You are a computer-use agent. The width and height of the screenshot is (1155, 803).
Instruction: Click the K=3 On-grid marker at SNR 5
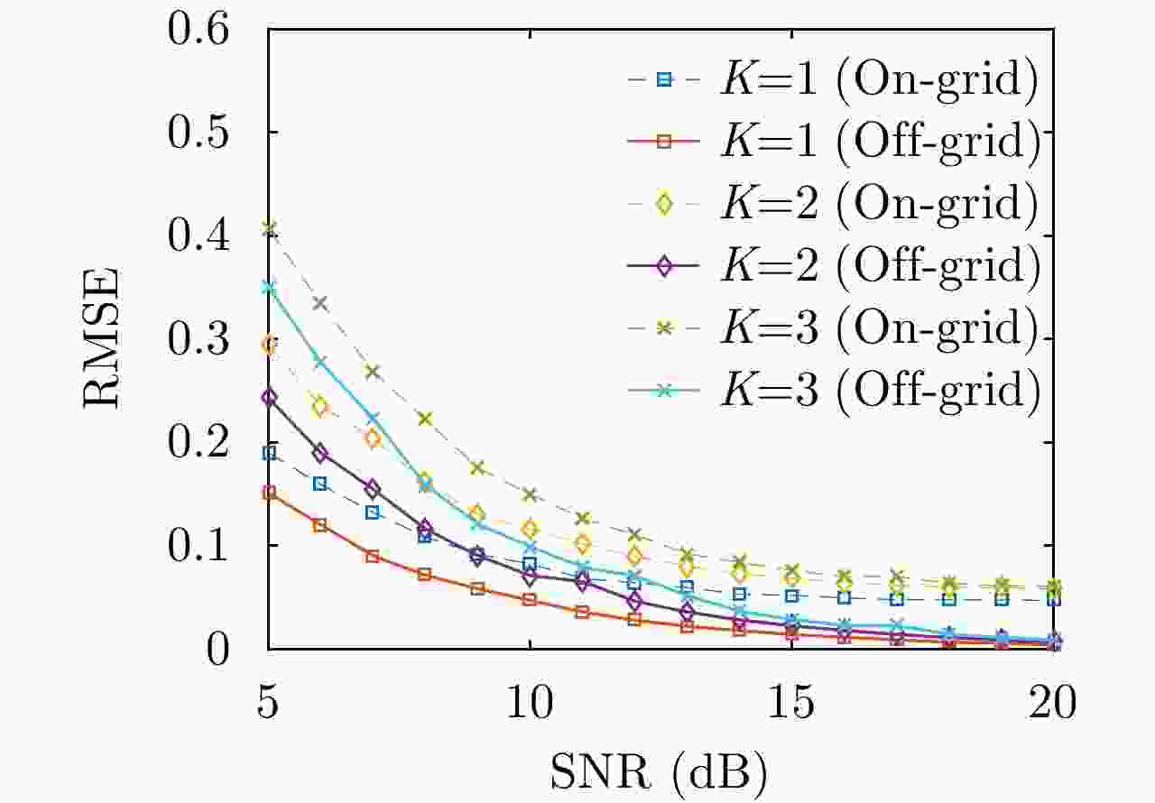[x=269, y=228]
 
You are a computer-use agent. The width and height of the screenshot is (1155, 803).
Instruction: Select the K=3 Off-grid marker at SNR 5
[x=269, y=288]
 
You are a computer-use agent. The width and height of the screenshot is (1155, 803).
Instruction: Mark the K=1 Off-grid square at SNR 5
[x=269, y=493]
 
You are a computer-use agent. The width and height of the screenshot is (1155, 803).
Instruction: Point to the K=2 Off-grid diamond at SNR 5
[x=269, y=397]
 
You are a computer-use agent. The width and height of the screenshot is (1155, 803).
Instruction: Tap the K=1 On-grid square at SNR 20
[x=1053, y=600]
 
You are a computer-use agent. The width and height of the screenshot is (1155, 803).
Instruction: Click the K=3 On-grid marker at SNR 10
[x=531, y=494]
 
